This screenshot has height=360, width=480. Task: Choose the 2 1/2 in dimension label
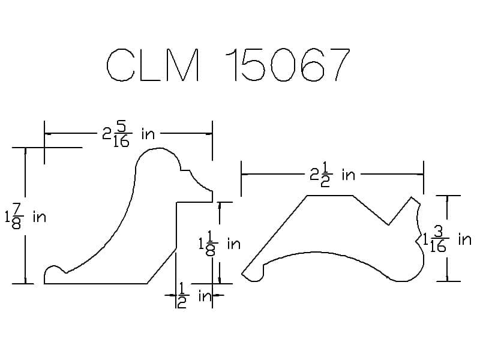click(x=333, y=175)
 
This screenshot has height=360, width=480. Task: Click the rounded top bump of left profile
click(x=157, y=154)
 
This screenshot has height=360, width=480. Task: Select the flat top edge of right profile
click(x=329, y=196)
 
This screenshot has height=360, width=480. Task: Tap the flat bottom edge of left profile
click(x=96, y=283)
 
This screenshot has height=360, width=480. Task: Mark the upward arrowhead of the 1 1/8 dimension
click(x=220, y=206)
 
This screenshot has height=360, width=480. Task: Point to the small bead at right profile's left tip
click(x=254, y=275)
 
